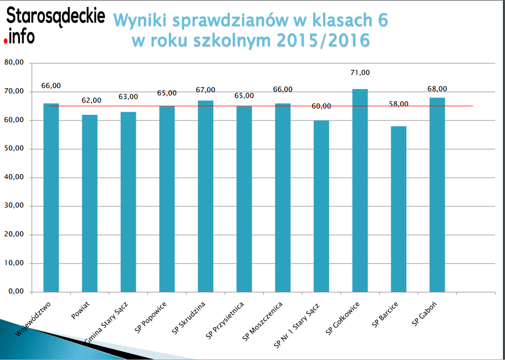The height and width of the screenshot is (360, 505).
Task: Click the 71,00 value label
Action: coord(360,73)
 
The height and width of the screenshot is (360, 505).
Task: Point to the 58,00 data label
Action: coord(399,104)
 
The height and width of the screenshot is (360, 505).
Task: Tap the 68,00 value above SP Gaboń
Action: coord(437,89)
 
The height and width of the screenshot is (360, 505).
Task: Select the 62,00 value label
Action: coord(91,101)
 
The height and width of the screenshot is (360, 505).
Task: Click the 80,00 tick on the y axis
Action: coord(14,63)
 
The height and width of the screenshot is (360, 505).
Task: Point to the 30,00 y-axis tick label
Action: coord(14,206)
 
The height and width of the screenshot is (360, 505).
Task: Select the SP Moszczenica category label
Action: coord(263,321)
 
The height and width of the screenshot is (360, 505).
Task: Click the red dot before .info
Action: coord(5,40)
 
